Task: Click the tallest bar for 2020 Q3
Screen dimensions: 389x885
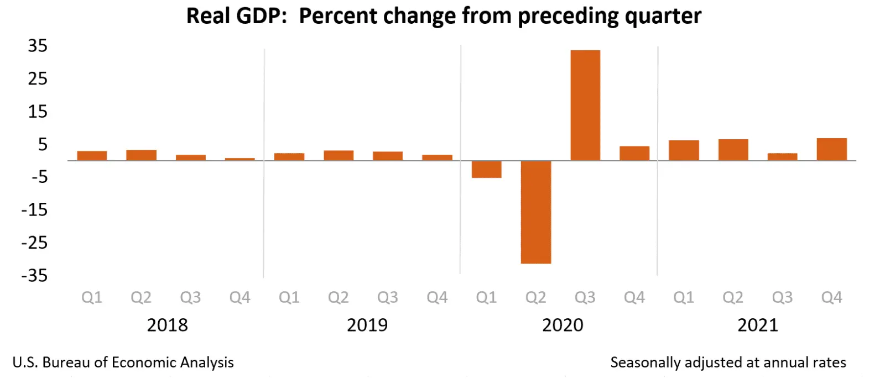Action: click(x=585, y=105)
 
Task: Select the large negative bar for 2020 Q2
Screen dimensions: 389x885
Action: click(x=535, y=212)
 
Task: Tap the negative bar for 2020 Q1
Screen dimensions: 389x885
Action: click(x=486, y=170)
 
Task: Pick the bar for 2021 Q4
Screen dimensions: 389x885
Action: click(x=831, y=149)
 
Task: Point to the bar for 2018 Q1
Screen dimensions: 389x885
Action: click(x=92, y=156)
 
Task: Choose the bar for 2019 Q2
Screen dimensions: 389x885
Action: click(x=339, y=155)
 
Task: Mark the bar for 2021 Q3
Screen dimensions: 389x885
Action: click(x=782, y=157)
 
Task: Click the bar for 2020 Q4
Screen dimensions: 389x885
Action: click(x=634, y=153)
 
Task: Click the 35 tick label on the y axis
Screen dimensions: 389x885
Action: click(x=38, y=46)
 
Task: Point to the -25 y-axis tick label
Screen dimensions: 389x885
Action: click(x=34, y=243)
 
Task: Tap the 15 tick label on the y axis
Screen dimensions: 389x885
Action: click(x=38, y=112)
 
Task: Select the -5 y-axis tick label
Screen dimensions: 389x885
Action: click(x=39, y=177)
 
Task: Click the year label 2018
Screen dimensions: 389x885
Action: click(x=167, y=325)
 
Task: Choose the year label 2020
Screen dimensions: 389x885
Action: click(x=563, y=325)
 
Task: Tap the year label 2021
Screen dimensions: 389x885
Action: click(x=758, y=325)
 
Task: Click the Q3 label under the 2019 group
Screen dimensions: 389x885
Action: click(x=388, y=298)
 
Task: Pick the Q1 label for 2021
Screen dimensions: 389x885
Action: click(x=684, y=298)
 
